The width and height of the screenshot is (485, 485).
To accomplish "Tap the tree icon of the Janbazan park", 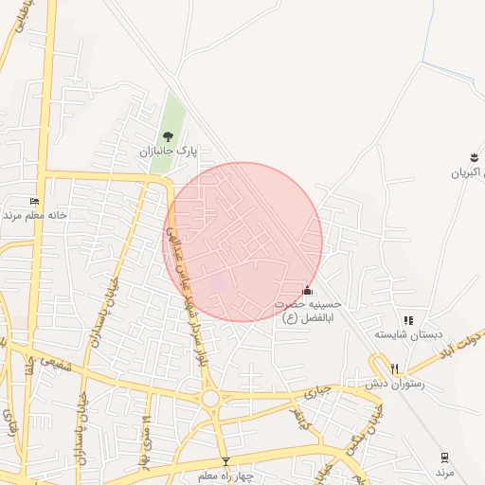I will [170, 136].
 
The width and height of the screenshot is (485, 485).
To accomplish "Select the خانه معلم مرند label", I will [35, 215].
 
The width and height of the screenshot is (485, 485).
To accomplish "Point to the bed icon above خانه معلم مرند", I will [35, 201].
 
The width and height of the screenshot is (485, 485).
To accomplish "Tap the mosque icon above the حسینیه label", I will [306, 290].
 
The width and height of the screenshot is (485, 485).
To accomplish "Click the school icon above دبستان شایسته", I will [408, 320].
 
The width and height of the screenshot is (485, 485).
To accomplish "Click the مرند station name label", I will [445, 471].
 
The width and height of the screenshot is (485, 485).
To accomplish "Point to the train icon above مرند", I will [445, 458].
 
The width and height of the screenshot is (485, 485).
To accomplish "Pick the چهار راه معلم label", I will [225, 476].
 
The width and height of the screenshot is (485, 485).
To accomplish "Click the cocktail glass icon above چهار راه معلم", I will [225, 462].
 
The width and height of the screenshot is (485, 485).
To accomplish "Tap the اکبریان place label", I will [466, 171].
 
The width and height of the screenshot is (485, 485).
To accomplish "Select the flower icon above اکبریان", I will [473, 156].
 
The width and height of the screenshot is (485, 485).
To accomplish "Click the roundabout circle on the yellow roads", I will [211, 399].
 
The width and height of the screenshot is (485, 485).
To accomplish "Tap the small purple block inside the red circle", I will [218, 281].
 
